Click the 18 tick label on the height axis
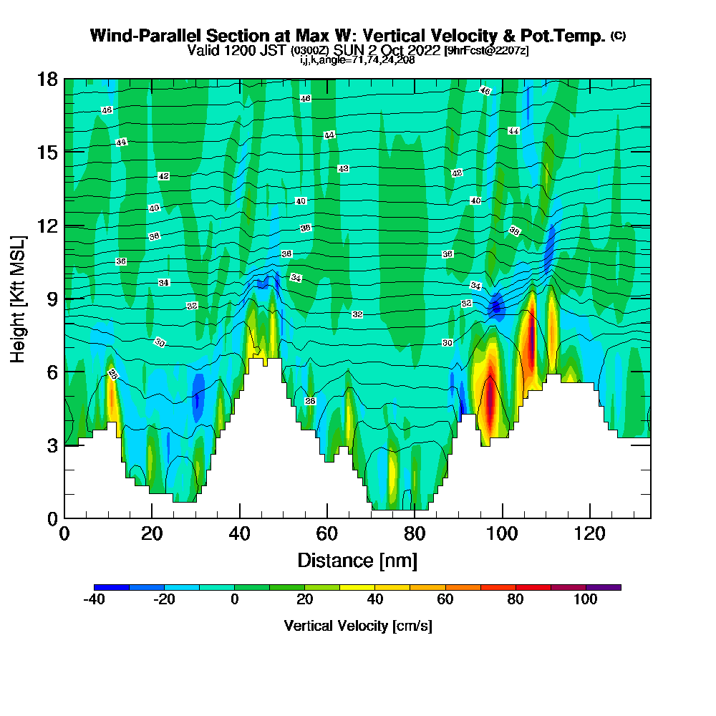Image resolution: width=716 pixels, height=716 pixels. pyautogui.click(x=48, y=79)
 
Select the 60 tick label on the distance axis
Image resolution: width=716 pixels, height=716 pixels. pyautogui.click(x=327, y=533)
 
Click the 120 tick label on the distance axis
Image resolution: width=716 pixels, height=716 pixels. pyautogui.click(x=589, y=533)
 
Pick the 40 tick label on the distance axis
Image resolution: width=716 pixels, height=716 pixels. pyautogui.click(x=240, y=533)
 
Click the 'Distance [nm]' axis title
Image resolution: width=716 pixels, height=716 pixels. pyautogui.click(x=357, y=560)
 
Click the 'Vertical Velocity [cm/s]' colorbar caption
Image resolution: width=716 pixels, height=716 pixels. pyautogui.click(x=357, y=626)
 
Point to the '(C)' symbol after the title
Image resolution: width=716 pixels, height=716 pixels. pyautogui.click(x=618, y=35)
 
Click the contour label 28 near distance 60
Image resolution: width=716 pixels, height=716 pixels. pyautogui.click(x=310, y=401)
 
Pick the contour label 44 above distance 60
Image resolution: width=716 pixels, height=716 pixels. pyautogui.click(x=329, y=135)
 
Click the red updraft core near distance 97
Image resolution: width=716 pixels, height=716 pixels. pyautogui.click(x=490, y=401)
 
